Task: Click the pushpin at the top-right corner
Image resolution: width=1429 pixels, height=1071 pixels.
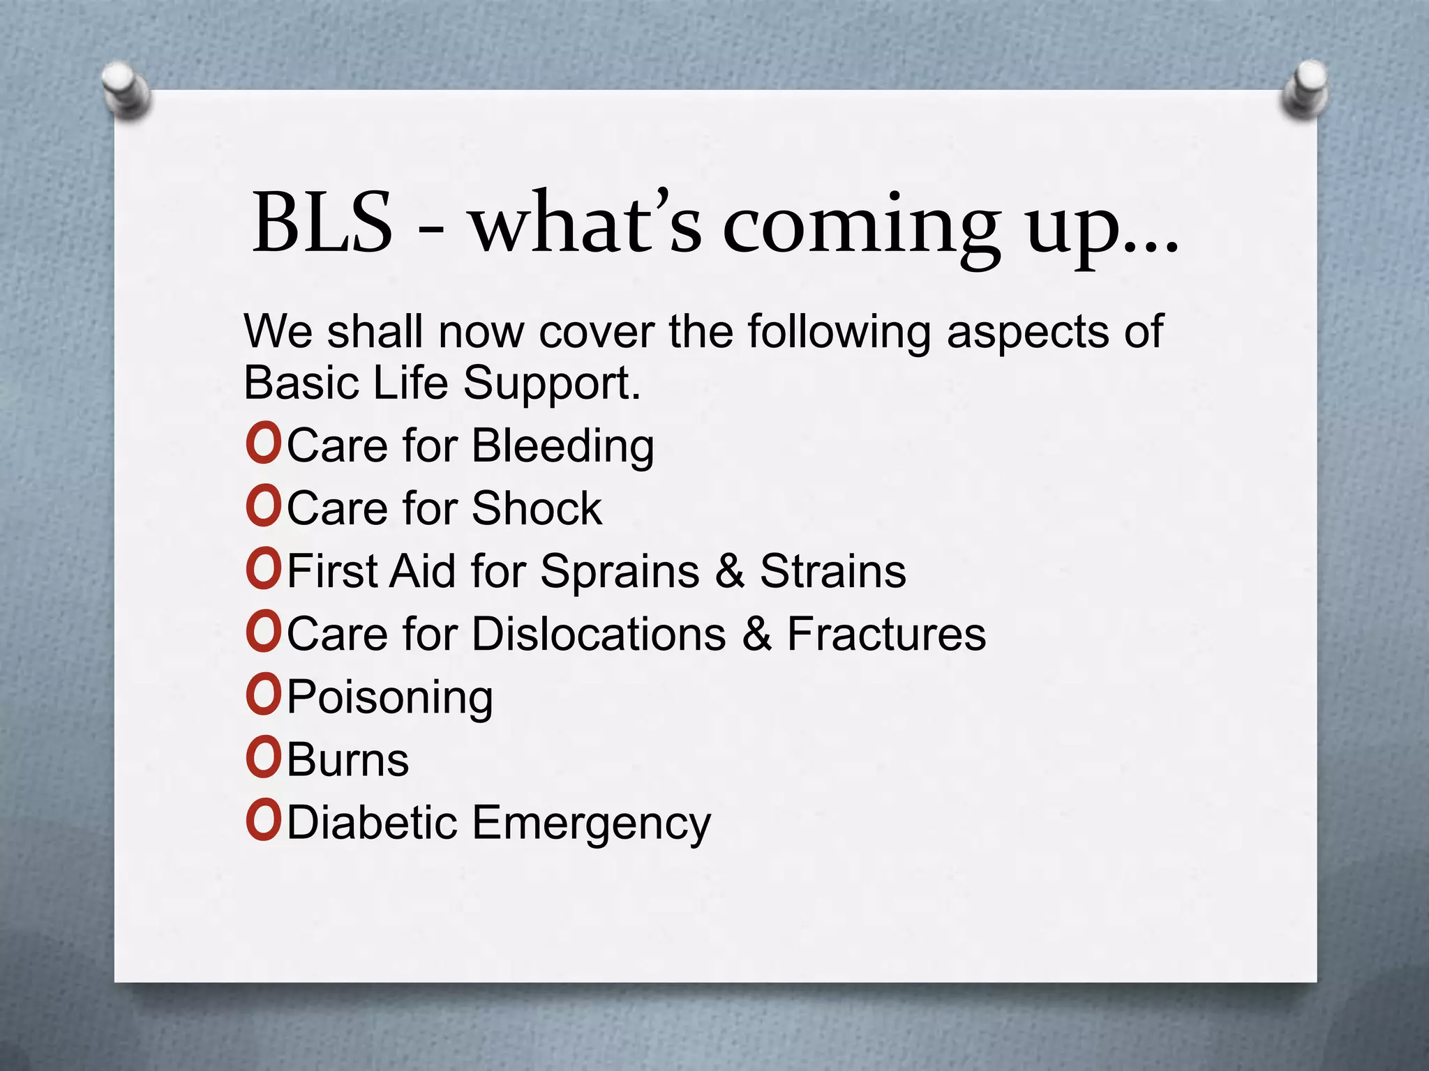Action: (1303, 91)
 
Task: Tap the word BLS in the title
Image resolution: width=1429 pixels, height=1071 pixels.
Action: (322, 223)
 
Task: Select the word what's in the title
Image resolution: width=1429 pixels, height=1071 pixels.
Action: (585, 223)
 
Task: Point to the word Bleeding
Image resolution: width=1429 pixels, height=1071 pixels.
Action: (562, 446)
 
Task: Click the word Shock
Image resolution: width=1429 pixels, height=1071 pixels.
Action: (536, 508)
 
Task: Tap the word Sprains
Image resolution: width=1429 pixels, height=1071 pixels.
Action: (620, 572)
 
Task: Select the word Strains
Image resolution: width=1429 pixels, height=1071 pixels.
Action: (832, 571)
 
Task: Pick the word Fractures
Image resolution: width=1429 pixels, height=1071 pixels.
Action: (886, 634)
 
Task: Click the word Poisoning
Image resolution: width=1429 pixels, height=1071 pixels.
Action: (390, 698)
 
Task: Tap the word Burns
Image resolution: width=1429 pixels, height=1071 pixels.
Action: (347, 760)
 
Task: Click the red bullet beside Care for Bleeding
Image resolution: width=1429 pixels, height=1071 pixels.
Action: (263, 445)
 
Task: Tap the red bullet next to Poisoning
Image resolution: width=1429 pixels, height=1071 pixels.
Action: (263, 696)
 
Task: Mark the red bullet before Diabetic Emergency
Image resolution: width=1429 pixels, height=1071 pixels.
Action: (263, 821)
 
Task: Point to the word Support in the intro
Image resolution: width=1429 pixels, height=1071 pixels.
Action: (551, 384)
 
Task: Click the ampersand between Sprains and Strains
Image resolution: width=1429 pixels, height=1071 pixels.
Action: (729, 571)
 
